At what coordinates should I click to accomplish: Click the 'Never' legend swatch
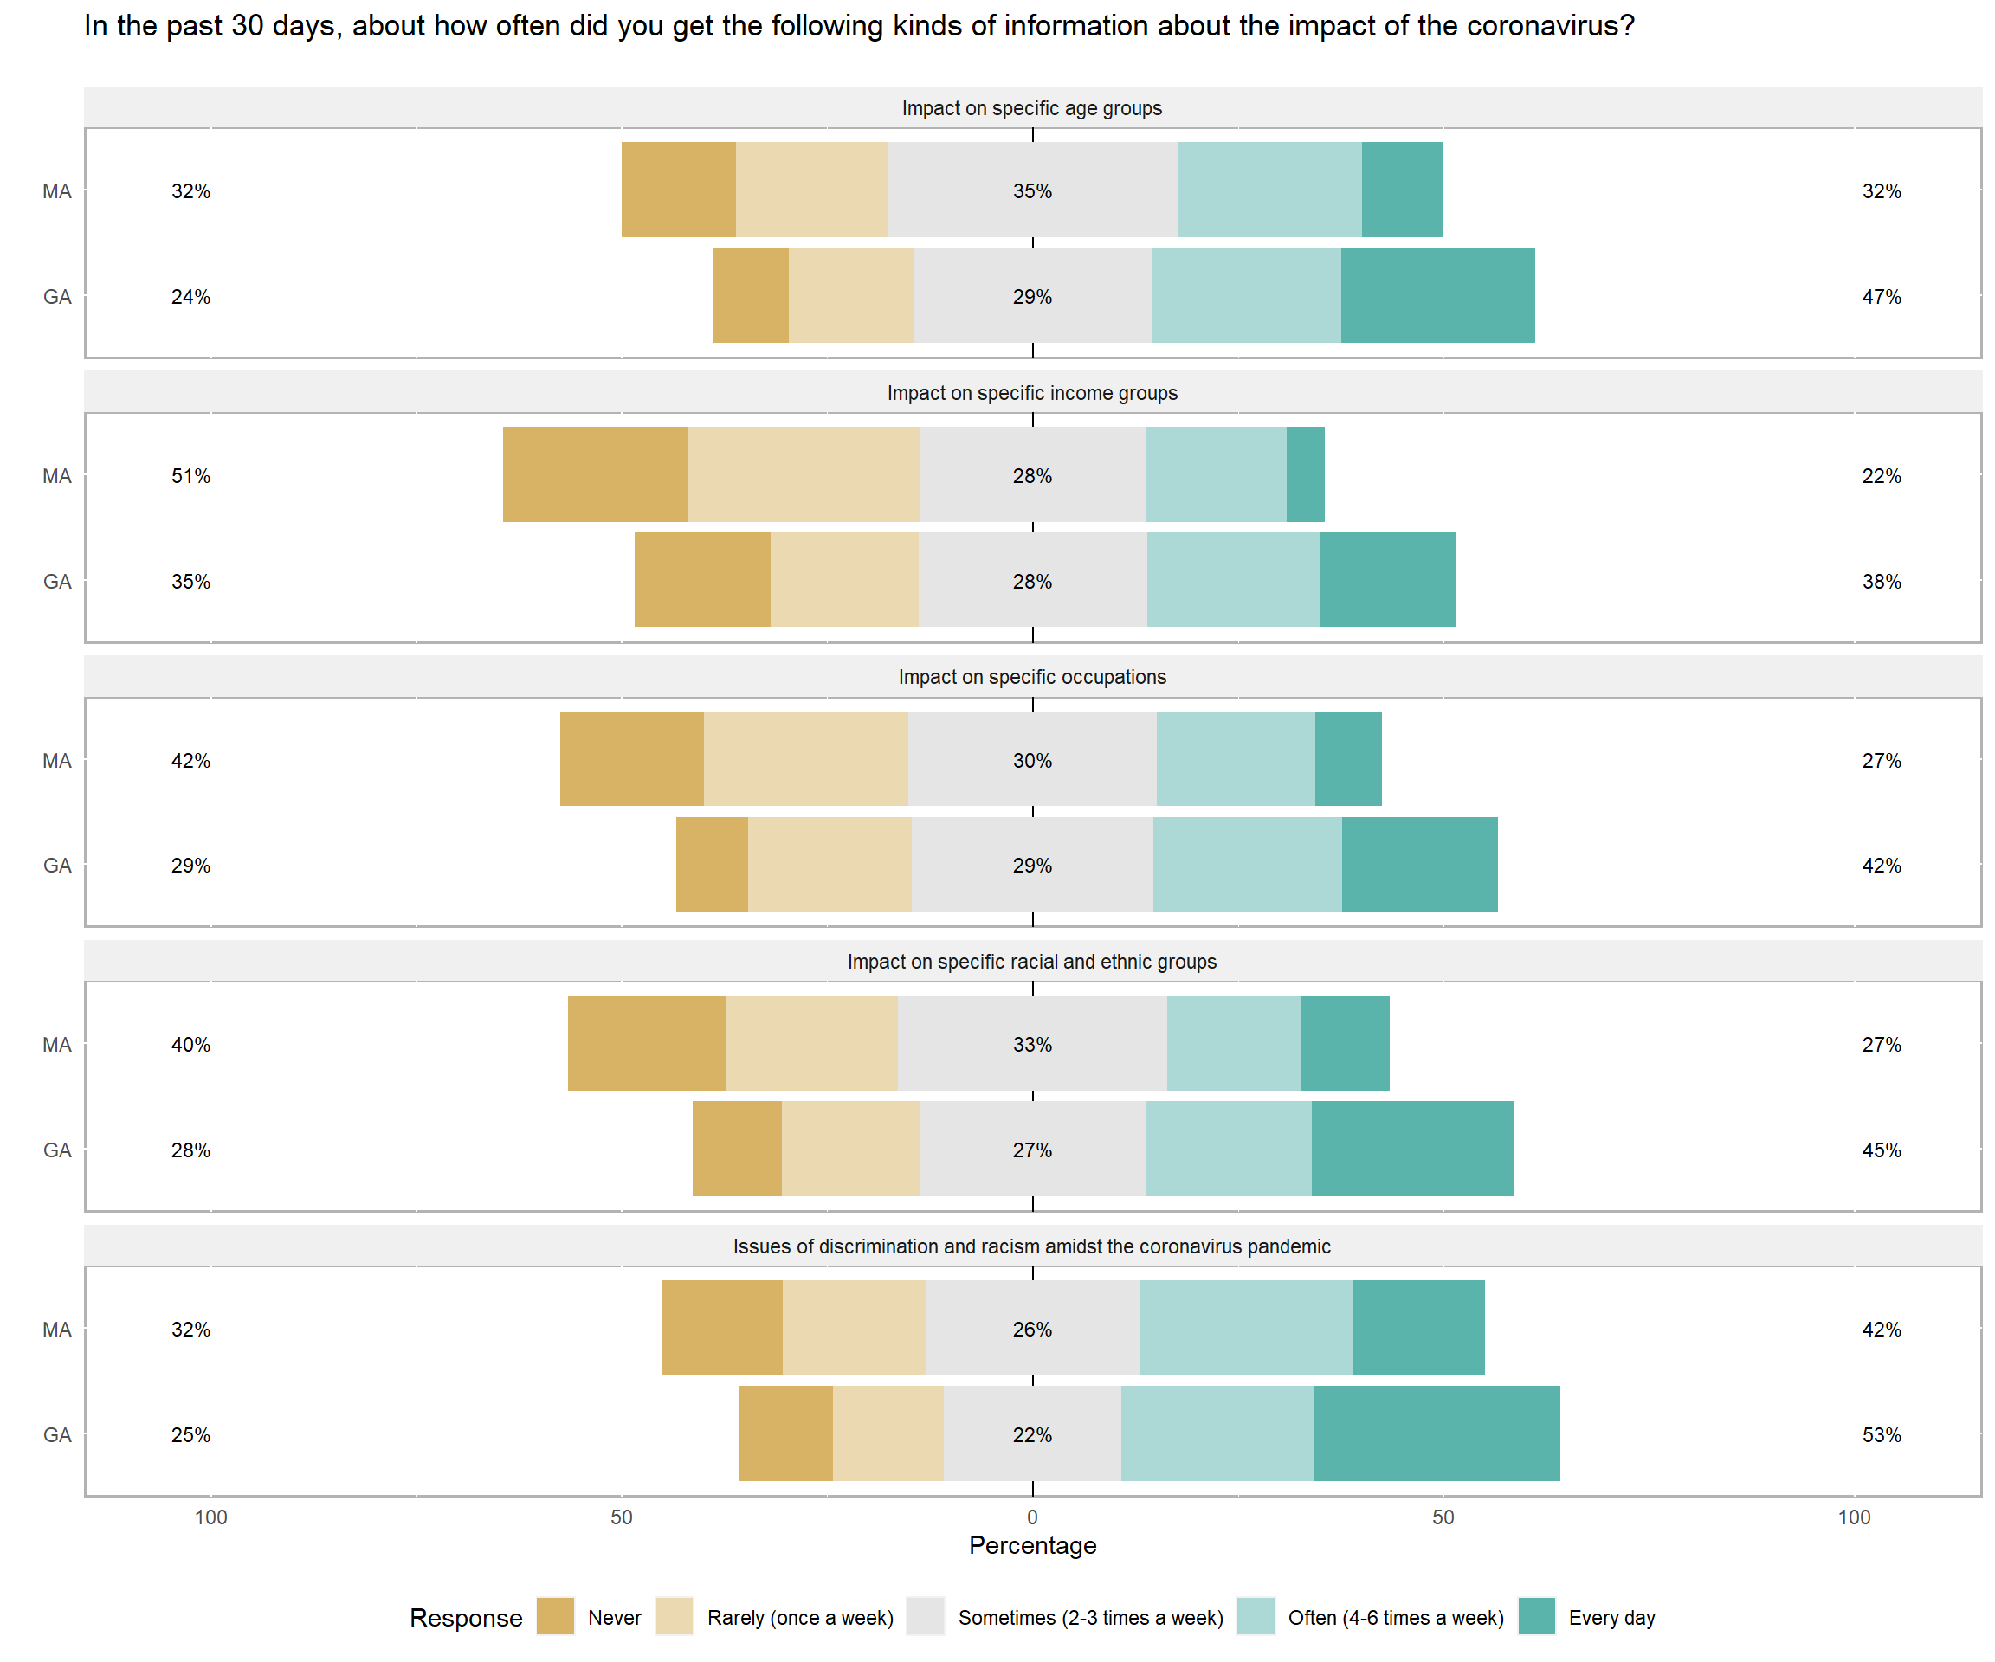point(555,1616)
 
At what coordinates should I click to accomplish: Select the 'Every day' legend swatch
point(1536,1616)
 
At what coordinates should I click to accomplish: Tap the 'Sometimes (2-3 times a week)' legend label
point(1089,1617)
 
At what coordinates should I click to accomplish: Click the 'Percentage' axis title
point(1031,1545)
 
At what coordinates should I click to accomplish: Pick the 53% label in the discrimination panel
point(1881,1434)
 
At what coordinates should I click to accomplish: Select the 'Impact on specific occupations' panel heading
point(1031,677)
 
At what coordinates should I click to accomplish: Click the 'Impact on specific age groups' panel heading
point(1031,108)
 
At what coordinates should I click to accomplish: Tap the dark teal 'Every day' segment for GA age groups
point(1437,295)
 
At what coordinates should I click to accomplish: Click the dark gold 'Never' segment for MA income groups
point(595,473)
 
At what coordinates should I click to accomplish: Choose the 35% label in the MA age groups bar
point(1031,191)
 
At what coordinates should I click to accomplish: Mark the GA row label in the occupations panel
point(57,865)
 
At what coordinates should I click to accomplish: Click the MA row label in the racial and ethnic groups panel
point(57,1045)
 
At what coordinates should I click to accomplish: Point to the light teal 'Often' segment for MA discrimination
point(1245,1327)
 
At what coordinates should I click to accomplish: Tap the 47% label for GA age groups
point(1881,296)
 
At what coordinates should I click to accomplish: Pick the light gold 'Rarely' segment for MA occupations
point(805,758)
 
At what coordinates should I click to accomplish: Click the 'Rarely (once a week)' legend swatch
point(674,1616)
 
